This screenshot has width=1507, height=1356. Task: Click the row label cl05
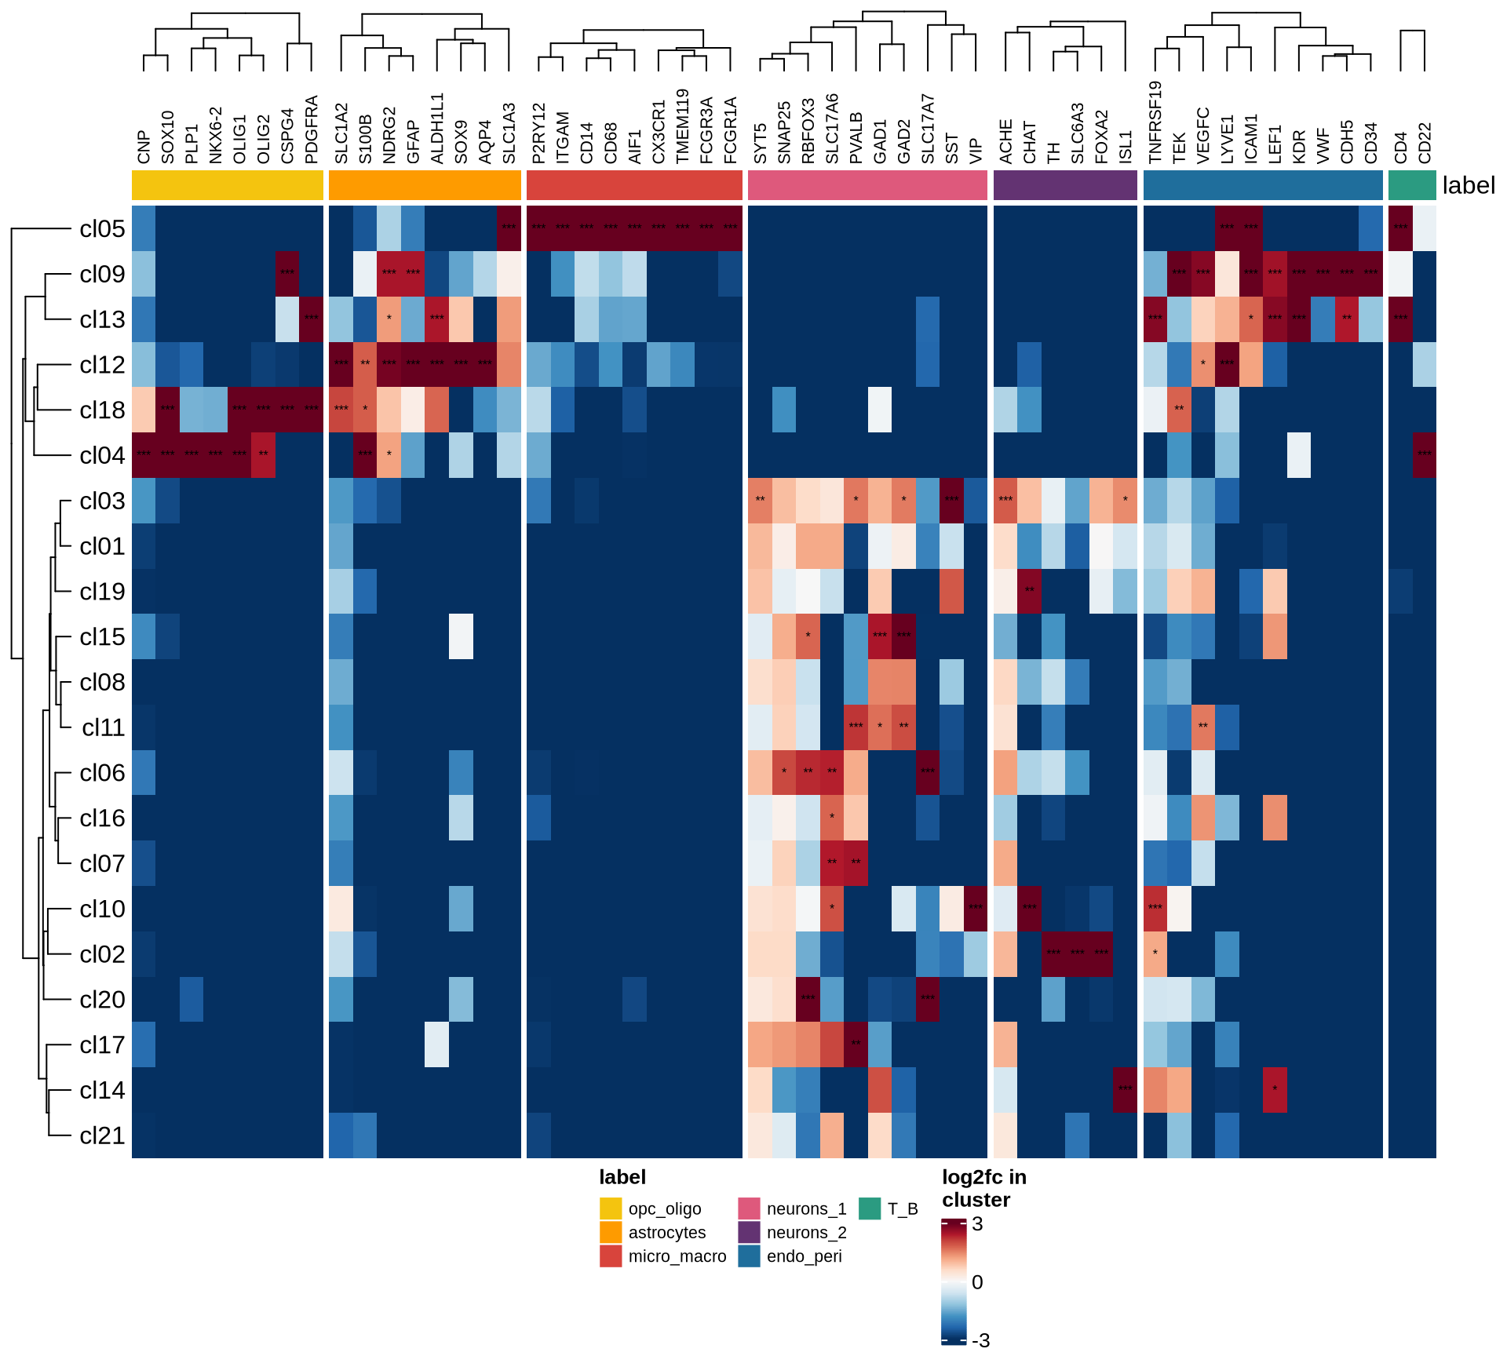[x=102, y=228]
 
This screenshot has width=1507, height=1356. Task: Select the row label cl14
[x=102, y=1090]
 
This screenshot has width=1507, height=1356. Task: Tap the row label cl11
[x=103, y=727]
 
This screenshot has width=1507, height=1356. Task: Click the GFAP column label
[x=414, y=141]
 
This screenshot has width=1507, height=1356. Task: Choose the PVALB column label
[x=856, y=138]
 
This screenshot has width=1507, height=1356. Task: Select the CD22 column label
[x=1425, y=143]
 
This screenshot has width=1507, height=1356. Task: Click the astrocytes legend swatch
[x=611, y=1232]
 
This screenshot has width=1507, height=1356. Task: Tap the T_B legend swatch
[x=870, y=1208]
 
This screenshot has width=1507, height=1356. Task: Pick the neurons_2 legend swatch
[x=749, y=1232]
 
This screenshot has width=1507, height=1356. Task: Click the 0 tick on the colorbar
[x=977, y=1282]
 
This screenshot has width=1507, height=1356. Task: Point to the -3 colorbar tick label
[x=980, y=1340]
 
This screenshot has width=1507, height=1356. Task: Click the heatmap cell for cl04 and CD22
[x=1425, y=455]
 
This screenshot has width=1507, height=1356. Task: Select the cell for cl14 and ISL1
[x=1125, y=1090]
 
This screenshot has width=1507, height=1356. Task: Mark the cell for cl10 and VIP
[x=976, y=909]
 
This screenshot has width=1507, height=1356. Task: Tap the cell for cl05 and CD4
[x=1400, y=228]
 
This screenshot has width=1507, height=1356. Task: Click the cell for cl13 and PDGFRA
[x=312, y=319]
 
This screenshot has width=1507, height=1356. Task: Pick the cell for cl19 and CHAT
[x=1029, y=592]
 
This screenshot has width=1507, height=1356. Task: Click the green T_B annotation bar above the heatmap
[x=1412, y=185]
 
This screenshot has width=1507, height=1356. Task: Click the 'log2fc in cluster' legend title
[x=984, y=1188]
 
